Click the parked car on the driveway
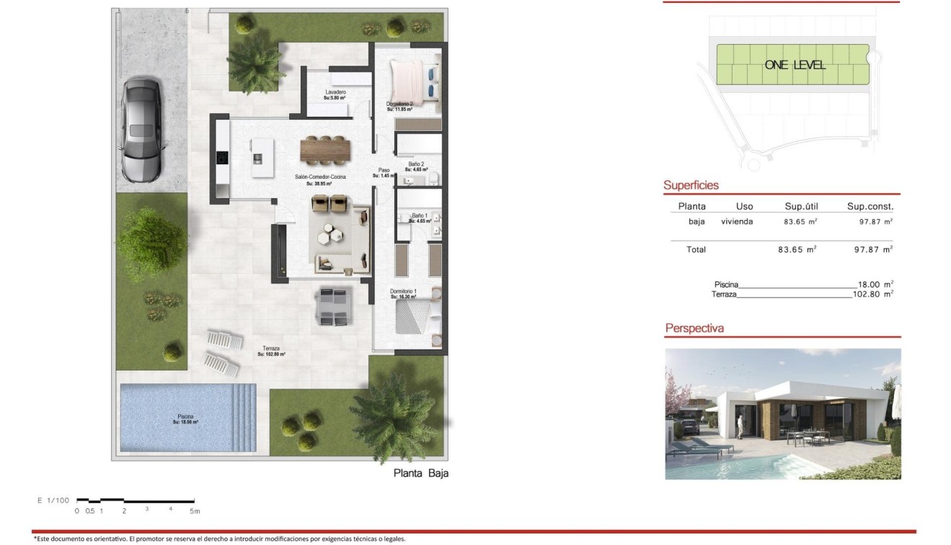click(141, 130)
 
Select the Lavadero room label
click(335, 93)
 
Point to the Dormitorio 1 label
click(404, 291)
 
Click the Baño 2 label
click(415, 164)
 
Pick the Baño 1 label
click(420, 216)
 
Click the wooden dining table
click(325, 150)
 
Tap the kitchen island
click(262, 158)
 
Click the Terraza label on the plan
click(271, 348)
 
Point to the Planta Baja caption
click(421, 474)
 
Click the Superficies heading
click(691, 185)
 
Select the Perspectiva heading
click(694, 329)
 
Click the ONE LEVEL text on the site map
click(795, 65)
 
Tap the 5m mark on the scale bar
click(194, 511)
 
